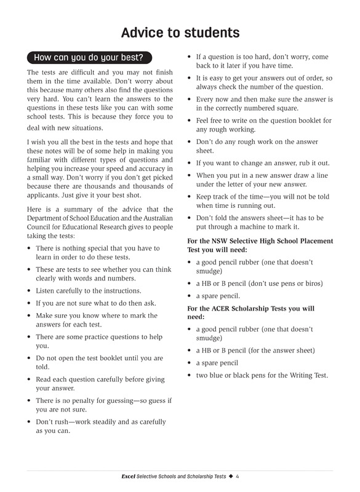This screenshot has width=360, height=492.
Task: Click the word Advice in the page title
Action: click(x=143, y=32)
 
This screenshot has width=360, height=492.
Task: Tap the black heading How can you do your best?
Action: click(x=88, y=58)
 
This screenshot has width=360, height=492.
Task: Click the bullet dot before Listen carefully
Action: click(x=30, y=291)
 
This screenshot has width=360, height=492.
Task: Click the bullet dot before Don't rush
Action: click(x=30, y=422)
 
